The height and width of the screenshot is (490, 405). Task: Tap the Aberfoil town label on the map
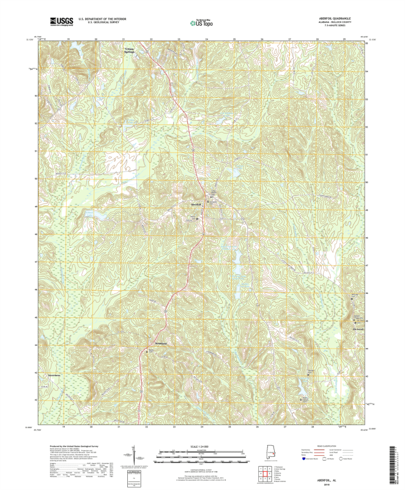[x=196, y=203]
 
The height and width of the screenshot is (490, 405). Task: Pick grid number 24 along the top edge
[x=207, y=38]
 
